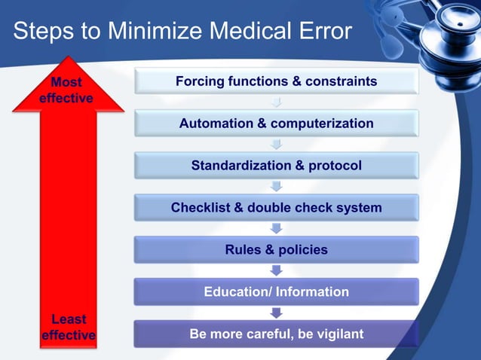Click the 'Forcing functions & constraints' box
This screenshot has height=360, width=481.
[x=276, y=81]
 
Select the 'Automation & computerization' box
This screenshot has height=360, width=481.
[x=276, y=123]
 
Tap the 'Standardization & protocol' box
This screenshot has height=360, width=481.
[x=276, y=165]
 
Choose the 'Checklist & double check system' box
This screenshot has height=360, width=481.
[x=276, y=207]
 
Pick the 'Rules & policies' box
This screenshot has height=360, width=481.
[x=276, y=249]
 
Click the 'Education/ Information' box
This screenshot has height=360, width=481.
[x=276, y=291]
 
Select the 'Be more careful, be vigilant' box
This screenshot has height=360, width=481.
[x=276, y=334]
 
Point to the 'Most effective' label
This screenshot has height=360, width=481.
[x=68, y=90]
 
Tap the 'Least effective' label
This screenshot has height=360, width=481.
[x=68, y=328]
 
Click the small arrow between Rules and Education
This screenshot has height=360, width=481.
[x=276, y=270]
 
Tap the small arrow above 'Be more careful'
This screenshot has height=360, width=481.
[x=276, y=312]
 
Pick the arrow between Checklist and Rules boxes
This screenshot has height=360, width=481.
[x=276, y=227]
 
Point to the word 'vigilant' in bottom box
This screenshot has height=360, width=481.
[x=336, y=334]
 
